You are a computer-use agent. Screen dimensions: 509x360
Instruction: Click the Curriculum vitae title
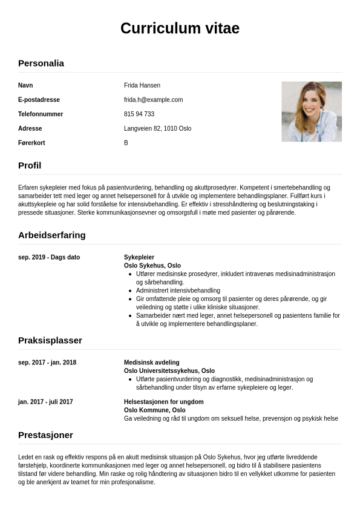click(180, 28)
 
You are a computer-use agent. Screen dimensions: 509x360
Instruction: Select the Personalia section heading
click(41, 63)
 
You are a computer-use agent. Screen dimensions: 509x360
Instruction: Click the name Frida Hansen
click(142, 85)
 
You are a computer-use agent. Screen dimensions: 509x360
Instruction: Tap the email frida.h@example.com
click(153, 100)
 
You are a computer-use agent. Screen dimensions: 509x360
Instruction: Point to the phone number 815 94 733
click(139, 114)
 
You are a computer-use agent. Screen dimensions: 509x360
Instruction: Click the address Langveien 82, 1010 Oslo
click(157, 129)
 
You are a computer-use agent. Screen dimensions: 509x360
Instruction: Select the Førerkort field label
click(31, 143)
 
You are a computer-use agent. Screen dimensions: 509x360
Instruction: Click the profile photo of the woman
click(312, 111)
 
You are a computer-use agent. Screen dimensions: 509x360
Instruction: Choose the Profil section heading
click(30, 165)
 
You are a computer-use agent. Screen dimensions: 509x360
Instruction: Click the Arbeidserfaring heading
click(52, 235)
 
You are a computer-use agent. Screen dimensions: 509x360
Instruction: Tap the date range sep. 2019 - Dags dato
click(49, 257)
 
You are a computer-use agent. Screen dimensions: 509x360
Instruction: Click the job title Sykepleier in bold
click(139, 257)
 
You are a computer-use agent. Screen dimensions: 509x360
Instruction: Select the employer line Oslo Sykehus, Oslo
click(152, 266)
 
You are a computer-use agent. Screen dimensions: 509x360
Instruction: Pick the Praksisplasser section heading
click(50, 340)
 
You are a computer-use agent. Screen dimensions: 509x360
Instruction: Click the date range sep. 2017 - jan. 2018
click(47, 363)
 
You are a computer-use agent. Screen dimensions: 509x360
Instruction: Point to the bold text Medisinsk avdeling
click(152, 363)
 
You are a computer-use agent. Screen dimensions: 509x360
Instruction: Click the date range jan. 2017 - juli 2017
click(45, 402)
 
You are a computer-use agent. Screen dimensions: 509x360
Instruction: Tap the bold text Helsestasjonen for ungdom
click(163, 402)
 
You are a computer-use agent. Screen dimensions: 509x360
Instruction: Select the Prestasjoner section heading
click(45, 435)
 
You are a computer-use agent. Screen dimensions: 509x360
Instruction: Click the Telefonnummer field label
click(41, 114)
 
